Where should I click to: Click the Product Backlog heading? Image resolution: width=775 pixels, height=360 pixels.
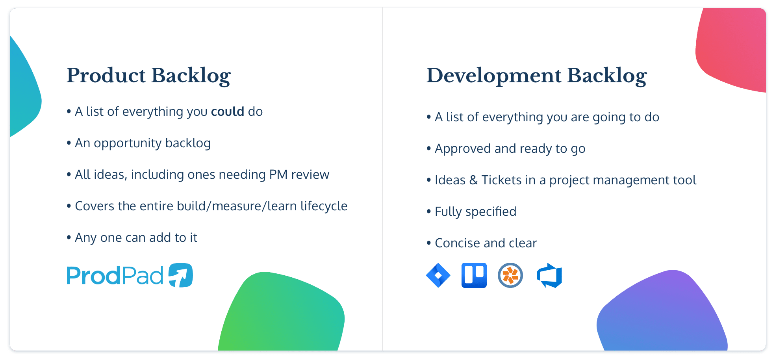tap(148, 75)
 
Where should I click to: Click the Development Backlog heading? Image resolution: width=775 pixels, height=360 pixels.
tap(536, 75)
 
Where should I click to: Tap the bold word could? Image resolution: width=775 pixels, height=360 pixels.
tap(228, 111)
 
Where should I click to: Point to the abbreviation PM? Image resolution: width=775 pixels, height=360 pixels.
tap(278, 174)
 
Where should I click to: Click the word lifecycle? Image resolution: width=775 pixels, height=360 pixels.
tap(324, 206)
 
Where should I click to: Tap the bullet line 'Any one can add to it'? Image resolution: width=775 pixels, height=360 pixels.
tap(136, 238)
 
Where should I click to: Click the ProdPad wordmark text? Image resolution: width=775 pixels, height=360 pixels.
tap(115, 275)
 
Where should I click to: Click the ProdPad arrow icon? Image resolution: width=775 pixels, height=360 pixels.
tap(181, 275)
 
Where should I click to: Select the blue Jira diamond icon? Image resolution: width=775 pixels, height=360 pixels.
tap(438, 275)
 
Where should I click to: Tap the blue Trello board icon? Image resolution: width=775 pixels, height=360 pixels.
tap(474, 275)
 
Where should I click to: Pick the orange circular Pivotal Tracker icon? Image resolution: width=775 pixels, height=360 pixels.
tap(510, 275)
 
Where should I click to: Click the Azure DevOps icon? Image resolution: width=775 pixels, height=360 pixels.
tap(549, 276)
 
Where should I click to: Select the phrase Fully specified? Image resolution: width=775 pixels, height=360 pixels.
tap(475, 212)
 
